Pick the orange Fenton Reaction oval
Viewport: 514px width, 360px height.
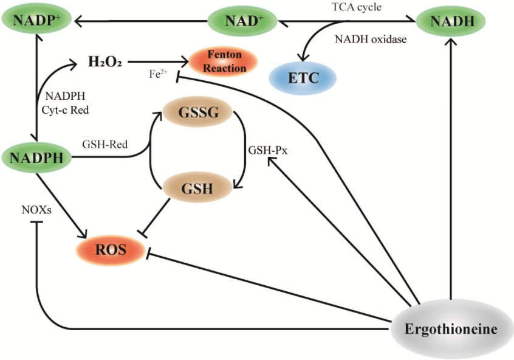[224, 61]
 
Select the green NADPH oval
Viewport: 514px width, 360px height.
[36, 159]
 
